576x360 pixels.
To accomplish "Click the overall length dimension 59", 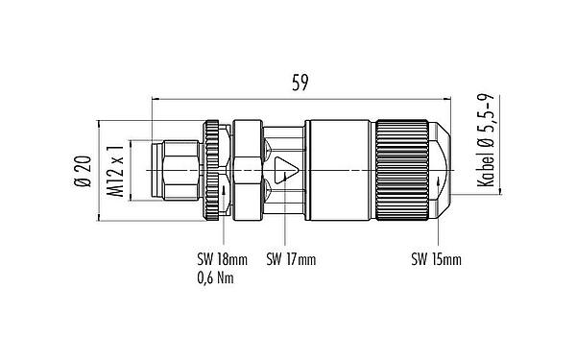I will click(300, 83).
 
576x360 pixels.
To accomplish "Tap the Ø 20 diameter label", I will click(83, 170).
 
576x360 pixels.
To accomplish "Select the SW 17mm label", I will click(290, 259).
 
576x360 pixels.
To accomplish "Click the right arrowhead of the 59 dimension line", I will click(444, 97).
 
